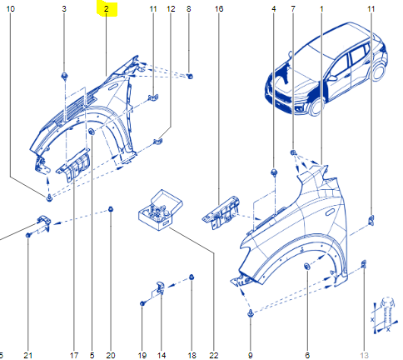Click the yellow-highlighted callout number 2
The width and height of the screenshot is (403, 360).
click(107, 9)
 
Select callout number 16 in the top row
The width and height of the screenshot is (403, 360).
click(219, 9)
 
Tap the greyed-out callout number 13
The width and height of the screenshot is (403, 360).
click(364, 355)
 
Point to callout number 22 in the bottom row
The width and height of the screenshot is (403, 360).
click(214, 355)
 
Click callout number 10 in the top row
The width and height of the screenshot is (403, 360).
click(11, 9)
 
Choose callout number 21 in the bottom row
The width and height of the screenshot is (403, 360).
click(27, 355)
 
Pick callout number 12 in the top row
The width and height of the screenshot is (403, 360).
click(171, 9)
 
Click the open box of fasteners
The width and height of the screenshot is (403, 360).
click(161, 210)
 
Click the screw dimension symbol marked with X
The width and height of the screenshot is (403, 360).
click(385, 315)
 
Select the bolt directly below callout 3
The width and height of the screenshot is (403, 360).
click(64, 76)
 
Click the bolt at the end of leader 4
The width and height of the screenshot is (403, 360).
click(274, 172)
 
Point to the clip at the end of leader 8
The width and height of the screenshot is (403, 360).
click(190, 76)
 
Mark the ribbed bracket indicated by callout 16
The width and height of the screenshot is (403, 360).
click(221, 212)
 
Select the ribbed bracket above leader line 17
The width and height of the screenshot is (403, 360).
click(73, 166)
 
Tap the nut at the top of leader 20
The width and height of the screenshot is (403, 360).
click(111, 209)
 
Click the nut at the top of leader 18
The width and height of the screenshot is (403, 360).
click(192, 277)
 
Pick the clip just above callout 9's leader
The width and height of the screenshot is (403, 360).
click(251, 313)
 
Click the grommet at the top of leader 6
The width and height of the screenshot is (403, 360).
click(307, 266)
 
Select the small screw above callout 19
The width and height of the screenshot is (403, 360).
click(142, 303)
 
